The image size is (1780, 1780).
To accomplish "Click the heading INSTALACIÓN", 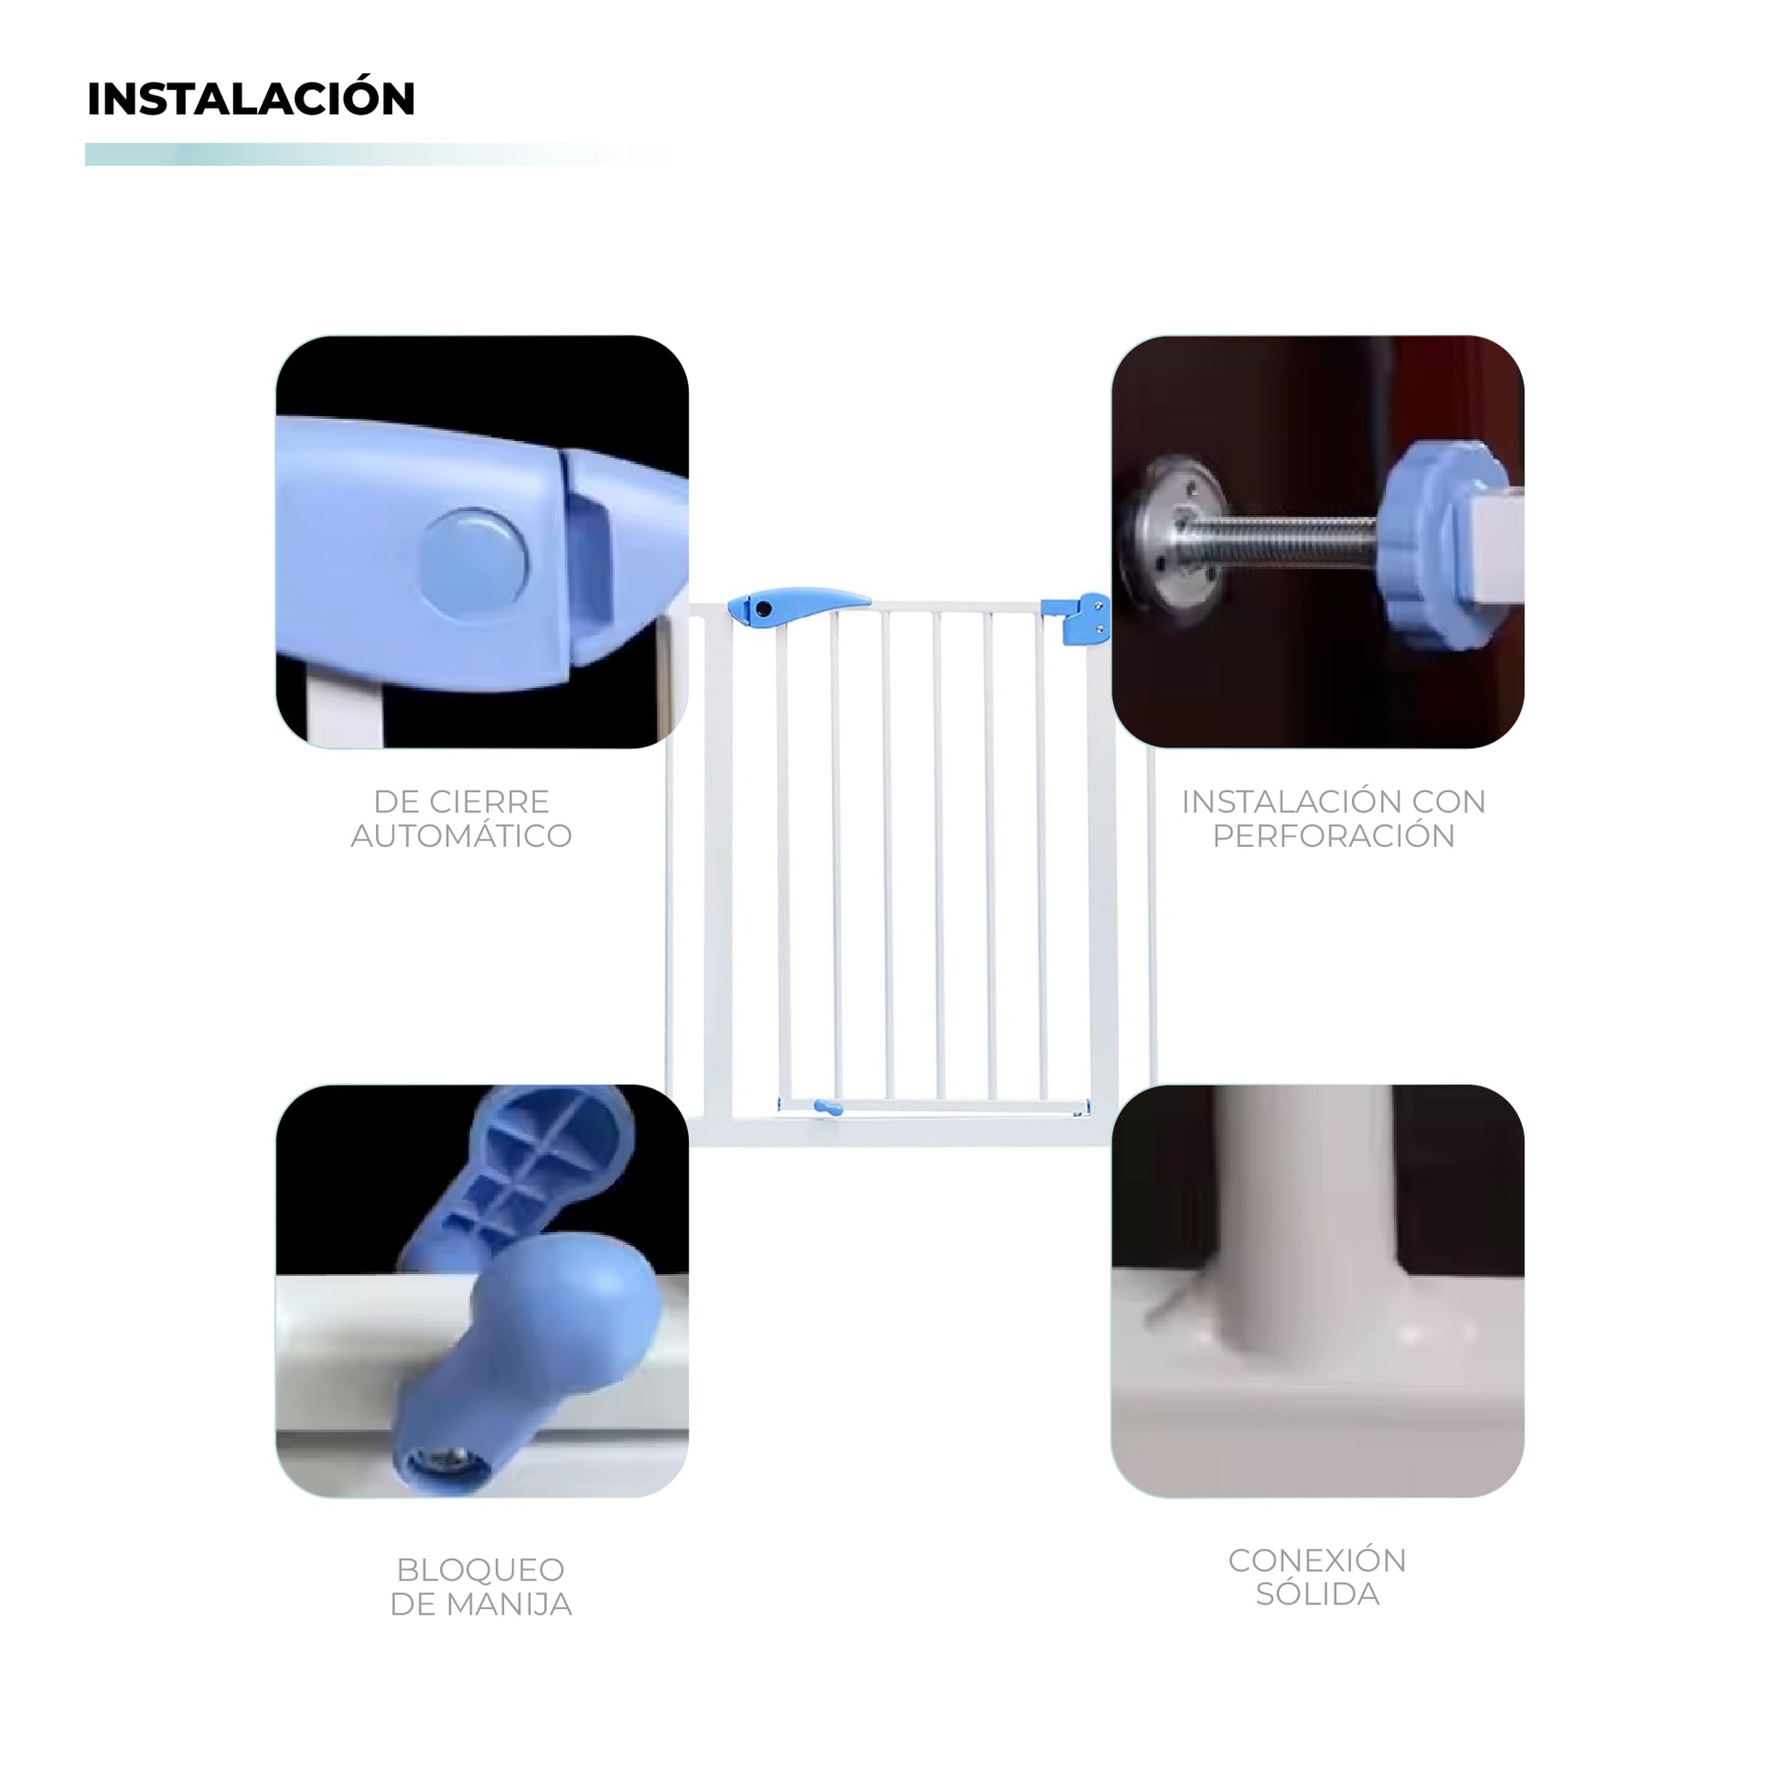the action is coord(251,99).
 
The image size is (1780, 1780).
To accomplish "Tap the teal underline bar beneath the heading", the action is coord(378,155).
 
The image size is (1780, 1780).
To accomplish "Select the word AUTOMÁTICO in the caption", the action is coord(462,836).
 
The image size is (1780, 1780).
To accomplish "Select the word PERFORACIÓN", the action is coord(1333,836).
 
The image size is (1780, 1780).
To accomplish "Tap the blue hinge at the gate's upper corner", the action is coord(1076,618).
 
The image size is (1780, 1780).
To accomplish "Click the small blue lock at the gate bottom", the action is coord(829,1108).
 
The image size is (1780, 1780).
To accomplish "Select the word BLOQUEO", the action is coord(481,1570).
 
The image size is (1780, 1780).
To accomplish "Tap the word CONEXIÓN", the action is coord(1317,1559).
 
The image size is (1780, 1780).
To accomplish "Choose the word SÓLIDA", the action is coord(1317,1594).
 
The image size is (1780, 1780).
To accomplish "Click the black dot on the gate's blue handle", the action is coord(763,610).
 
